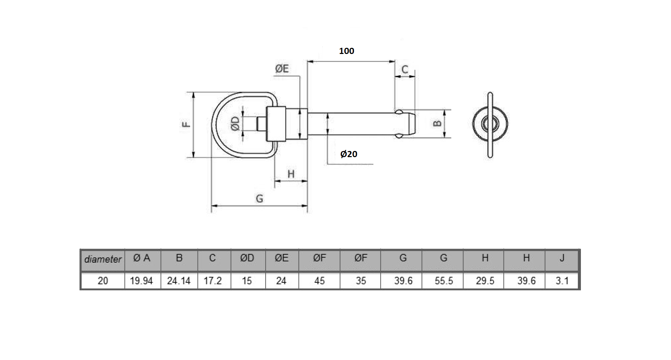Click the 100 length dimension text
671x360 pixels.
(x=346, y=51)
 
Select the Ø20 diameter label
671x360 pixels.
(x=348, y=154)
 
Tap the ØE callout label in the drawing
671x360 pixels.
(x=282, y=69)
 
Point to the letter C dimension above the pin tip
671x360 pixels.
(x=405, y=70)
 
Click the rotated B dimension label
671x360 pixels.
(x=437, y=124)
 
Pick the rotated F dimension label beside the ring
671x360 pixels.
(x=186, y=124)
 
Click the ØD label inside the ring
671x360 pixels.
(x=235, y=123)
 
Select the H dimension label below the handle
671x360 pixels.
(x=291, y=174)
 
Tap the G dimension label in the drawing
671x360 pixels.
(x=259, y=198)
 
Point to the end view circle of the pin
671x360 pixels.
(x=490, y=124)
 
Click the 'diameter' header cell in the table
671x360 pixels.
(x=103, y=260)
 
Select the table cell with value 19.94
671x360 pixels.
(x=141, y=281)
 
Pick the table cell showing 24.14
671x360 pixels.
(x=179, y=281)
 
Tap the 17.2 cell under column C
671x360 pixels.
(x=213, y=281)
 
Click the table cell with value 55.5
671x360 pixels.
(x=444, y=281)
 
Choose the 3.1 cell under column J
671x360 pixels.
(x=562, y=281)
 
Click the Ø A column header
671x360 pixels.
(x=142, y=258)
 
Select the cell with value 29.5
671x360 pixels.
(x=485, y=281)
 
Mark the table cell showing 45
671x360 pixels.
(x=319, y=281)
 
